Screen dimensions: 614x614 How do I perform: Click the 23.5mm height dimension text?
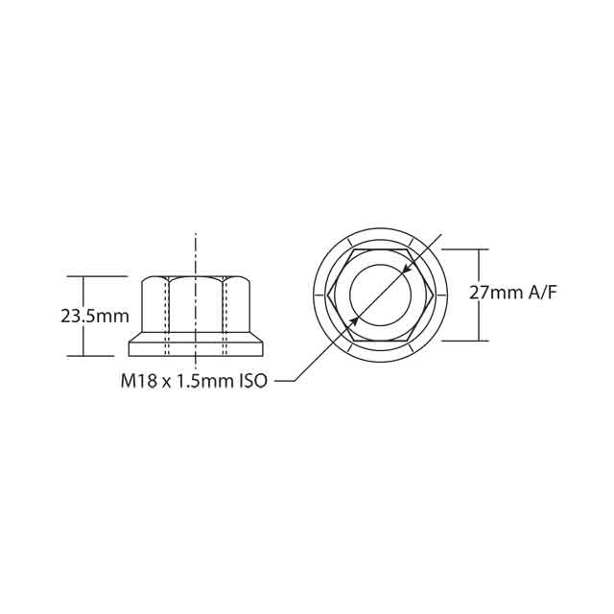tap(94, 316)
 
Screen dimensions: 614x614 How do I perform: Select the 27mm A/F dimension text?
tap(512, 294)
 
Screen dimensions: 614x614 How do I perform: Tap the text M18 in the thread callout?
tap(137, 381)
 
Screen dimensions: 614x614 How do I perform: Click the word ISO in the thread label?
tap(248, 381)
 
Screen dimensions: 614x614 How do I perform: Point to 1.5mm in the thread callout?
tap(199, 381)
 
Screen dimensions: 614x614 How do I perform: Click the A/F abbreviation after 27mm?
tap(541, 294)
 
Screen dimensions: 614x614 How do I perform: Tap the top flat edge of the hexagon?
tap(379, 248)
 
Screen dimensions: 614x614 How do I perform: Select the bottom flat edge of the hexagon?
tap(379, 340)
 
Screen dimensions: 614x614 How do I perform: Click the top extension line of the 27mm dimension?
tap(470, 248)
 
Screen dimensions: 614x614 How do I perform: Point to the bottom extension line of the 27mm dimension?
tap(470, 341)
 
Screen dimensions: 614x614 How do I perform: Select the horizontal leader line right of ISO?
tap(286, 381)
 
